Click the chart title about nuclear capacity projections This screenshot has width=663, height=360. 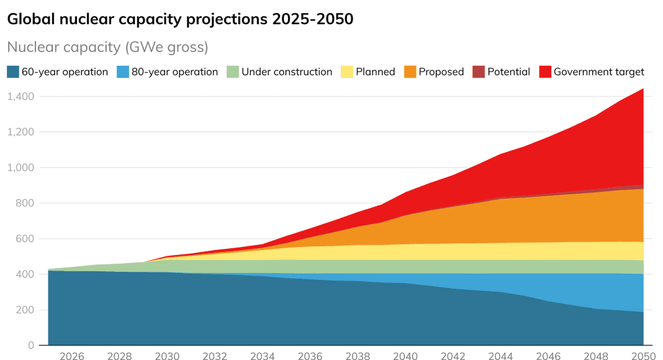click(180, 19)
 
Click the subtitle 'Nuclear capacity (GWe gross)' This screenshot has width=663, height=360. click(107, 47)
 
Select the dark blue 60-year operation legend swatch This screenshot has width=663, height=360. click(12, 72)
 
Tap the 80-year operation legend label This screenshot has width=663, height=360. click(174, 72)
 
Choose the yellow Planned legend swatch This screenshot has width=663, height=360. click(346, 72)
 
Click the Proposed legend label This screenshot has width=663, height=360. click(441, 72)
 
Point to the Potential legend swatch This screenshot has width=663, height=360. click(478, 72)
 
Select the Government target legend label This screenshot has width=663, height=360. click(598, 72)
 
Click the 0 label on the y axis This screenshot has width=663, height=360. click(30, 345)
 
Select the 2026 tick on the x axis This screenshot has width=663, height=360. click(72, 356)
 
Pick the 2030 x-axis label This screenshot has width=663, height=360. click(167, 356)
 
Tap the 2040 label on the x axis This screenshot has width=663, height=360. click(405, 356)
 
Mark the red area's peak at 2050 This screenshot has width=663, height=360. click(643, 89)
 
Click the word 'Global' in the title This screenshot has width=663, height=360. click(30, 19)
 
